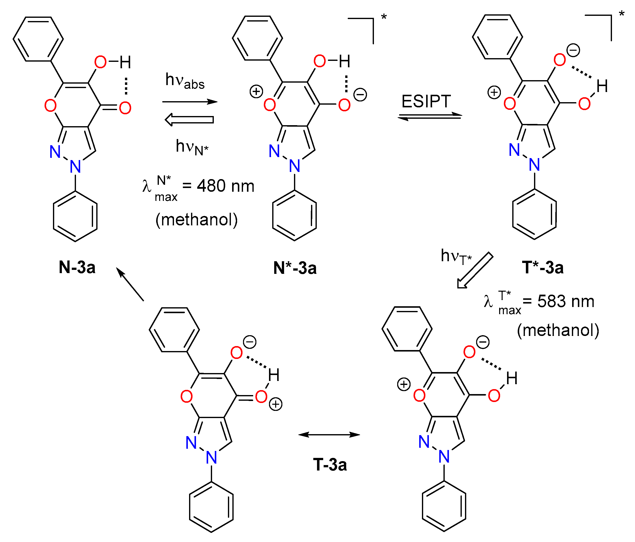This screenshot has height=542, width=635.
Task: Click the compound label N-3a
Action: pyautogui.click(x=77, y=267)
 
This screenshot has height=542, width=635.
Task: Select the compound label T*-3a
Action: pyautogui.click(x=542, y=267)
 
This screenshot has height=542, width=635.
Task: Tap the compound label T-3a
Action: pyautogui.click(x=330, y=465)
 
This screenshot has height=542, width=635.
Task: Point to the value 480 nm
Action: pyautogui.click(x=225, y=186)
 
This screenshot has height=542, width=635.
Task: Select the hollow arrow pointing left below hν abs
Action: pyautogui.click(x=189, y=119)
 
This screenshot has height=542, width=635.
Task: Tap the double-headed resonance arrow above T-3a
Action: pyautogui.click(x=329, y=434)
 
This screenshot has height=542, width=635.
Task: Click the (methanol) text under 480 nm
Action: pyautogui.click(x=196, y=220)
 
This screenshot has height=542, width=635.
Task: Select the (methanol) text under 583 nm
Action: pyautogui.click(x=558, y=330)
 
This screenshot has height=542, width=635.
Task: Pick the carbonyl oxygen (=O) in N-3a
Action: pyautogui.click(x=125, y=108)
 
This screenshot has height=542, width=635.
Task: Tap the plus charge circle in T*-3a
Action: pyautogui.click(x=494, y=92)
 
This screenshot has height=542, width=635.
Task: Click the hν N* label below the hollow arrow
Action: pyautogui.click(x=192, y=147)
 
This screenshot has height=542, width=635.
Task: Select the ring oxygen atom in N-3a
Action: pyautogui.click(x=50, y=106)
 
